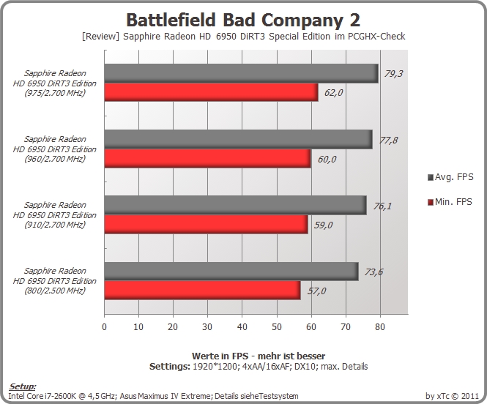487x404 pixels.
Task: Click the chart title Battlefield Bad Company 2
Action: click(x=243, y=20)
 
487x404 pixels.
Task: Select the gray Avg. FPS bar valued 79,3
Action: click(x=242, y=73)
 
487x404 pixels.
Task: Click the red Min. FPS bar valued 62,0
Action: click(x=211, y=92)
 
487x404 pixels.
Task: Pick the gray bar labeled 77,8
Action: click(x=239, y=139)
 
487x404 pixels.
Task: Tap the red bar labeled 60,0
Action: click(x=207, y=158)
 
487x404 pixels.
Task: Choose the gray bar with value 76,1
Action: click(x=235, y=205)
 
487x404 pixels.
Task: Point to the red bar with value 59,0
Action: click(x=206, y=224)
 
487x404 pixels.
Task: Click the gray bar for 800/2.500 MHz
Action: click(x=231, y=272)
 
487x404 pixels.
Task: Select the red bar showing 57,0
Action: click(x=203, y=290)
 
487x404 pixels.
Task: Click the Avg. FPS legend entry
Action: click(x=450, y=177)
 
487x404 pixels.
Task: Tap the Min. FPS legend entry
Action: click(x=450, y=202)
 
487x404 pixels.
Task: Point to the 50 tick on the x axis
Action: click(x=276, y=326)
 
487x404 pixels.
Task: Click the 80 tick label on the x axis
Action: click(x=380, y=326)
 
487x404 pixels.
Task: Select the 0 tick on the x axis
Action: click(x=104, y=326)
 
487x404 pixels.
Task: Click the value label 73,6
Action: click(x=373, y=272)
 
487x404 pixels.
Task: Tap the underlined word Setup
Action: click(x=22, y=386)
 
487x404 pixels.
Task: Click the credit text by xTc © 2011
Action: click(x=452, y=396)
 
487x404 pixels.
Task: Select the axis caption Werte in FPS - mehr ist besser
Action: click(x=259, y=356)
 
